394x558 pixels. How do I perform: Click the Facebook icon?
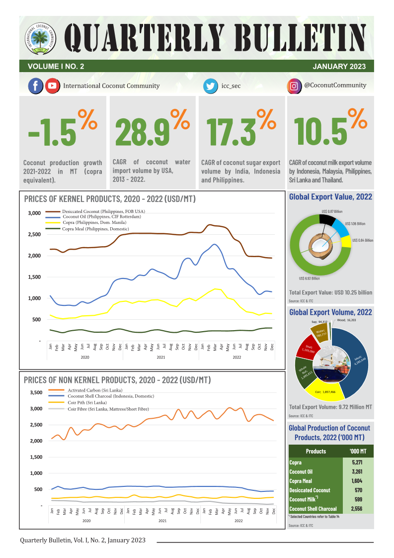point(35,86)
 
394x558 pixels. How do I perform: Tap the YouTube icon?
point(52,86)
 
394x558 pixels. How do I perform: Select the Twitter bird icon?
point(211,86)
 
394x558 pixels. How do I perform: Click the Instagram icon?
point(295,86)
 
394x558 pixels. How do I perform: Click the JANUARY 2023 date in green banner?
point(339,66)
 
